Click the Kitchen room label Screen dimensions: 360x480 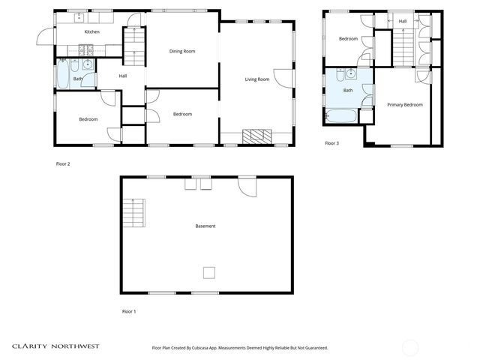(91, 31)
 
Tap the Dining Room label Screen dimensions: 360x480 (181, 51)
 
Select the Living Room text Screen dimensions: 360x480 (256, 79)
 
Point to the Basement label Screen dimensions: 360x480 (205, 226)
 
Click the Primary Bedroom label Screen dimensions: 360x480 (404, 105)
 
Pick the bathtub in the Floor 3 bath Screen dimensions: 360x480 (341, 116)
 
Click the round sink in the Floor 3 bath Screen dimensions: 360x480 (350, 74)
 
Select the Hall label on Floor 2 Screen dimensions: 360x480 (122, 76)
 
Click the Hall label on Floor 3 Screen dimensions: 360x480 (403, 21)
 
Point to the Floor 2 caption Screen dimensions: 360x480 (63, 163)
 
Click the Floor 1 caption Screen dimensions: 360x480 (129, 310)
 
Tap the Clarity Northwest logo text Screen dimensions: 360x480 (55, 346)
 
